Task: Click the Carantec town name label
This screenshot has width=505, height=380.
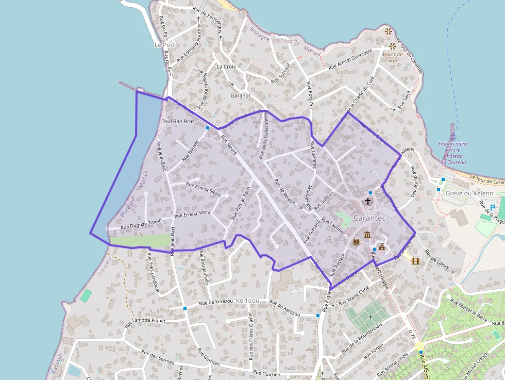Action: click(x=370, y=218)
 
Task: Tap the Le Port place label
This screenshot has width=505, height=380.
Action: click(x=165, y=45)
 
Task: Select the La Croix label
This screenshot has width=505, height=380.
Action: click(x=226, y=67)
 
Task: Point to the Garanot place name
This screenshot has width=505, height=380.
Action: click(x=241, y=95)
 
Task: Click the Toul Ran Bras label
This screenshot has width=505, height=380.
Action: click(x=178, y=121)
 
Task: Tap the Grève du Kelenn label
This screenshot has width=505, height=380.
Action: click(x=469, y=193)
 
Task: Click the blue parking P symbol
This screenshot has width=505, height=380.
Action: click(x=493, y=208)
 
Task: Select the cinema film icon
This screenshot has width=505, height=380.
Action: click(x=415, y=260)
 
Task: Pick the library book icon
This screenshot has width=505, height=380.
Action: click(x=356, y=241)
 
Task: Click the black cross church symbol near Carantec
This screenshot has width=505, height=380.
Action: click(x=368, y=201)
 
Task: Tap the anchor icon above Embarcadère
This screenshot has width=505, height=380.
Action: click(x=452, y=127)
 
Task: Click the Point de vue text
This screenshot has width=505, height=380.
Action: click(x=392, y=57)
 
